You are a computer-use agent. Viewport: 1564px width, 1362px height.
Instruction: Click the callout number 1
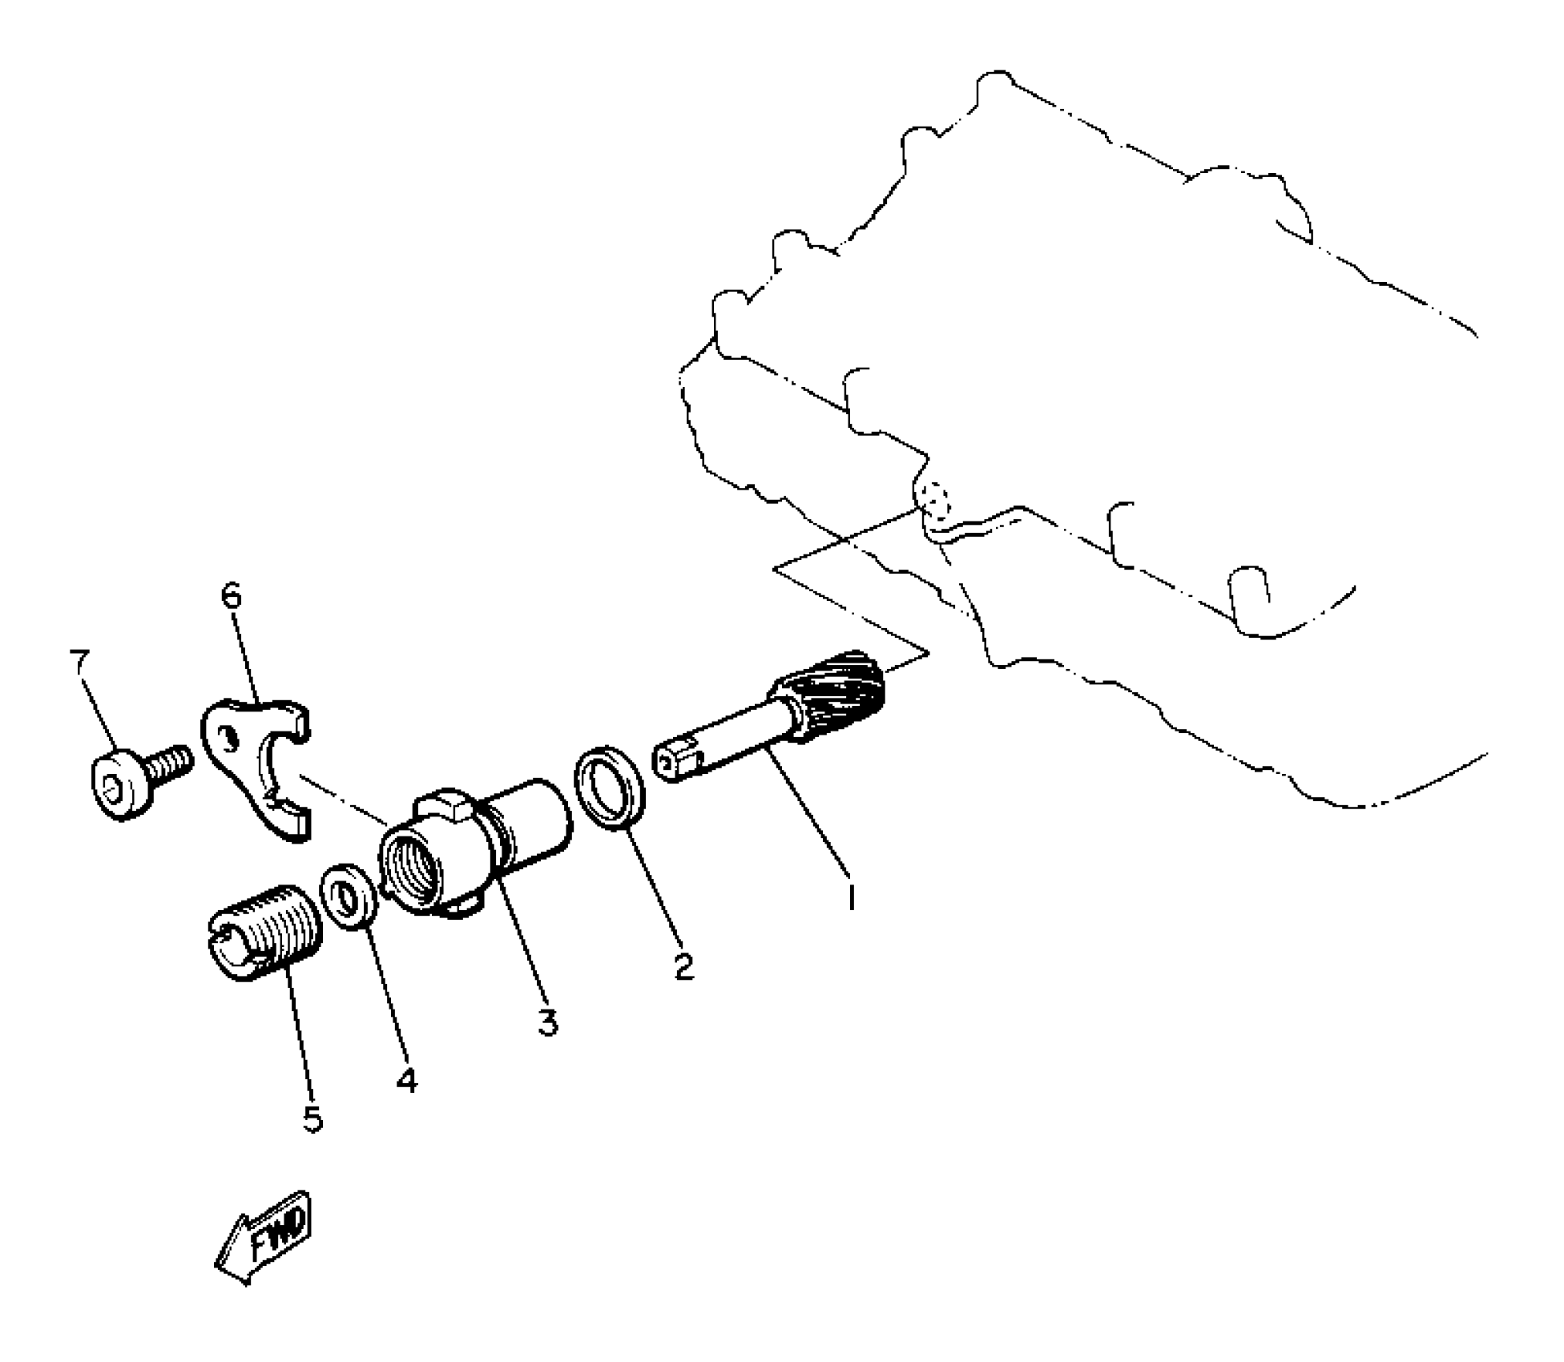[851, 897]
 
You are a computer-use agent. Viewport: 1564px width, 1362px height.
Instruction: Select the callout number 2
[683, 966]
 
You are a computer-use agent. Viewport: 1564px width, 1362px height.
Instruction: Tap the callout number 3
[548, 1022]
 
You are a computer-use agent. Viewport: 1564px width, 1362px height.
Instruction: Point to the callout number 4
[407, 1081]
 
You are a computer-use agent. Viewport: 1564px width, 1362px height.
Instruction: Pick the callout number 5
[312, 1118]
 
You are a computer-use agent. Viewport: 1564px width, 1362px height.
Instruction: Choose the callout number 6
[231, 597]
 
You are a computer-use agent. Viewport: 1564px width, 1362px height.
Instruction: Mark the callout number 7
[80, 664]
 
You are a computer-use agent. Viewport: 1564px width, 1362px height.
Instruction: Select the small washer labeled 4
[349, 897]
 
